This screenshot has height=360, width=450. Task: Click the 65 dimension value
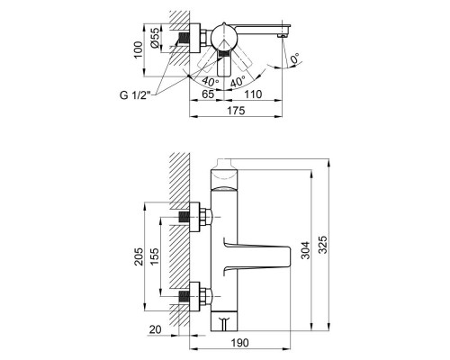click(x=208, y=93)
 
